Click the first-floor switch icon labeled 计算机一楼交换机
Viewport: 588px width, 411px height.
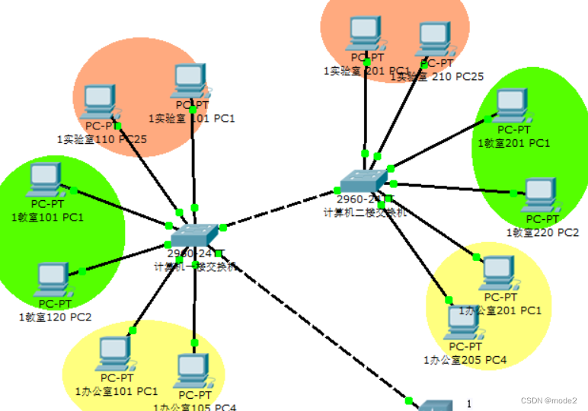point(195,237)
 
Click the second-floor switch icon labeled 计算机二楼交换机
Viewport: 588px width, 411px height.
point(363,181)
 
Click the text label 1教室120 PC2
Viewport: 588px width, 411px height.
point(55,317)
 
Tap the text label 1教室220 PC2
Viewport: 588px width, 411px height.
point(542,231)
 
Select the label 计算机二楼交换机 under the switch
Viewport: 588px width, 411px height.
point(365,214)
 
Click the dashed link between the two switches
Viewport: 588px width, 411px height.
point(282,207)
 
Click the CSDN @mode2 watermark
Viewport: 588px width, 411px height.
point(548,400)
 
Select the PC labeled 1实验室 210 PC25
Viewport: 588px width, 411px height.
point(433,38)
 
